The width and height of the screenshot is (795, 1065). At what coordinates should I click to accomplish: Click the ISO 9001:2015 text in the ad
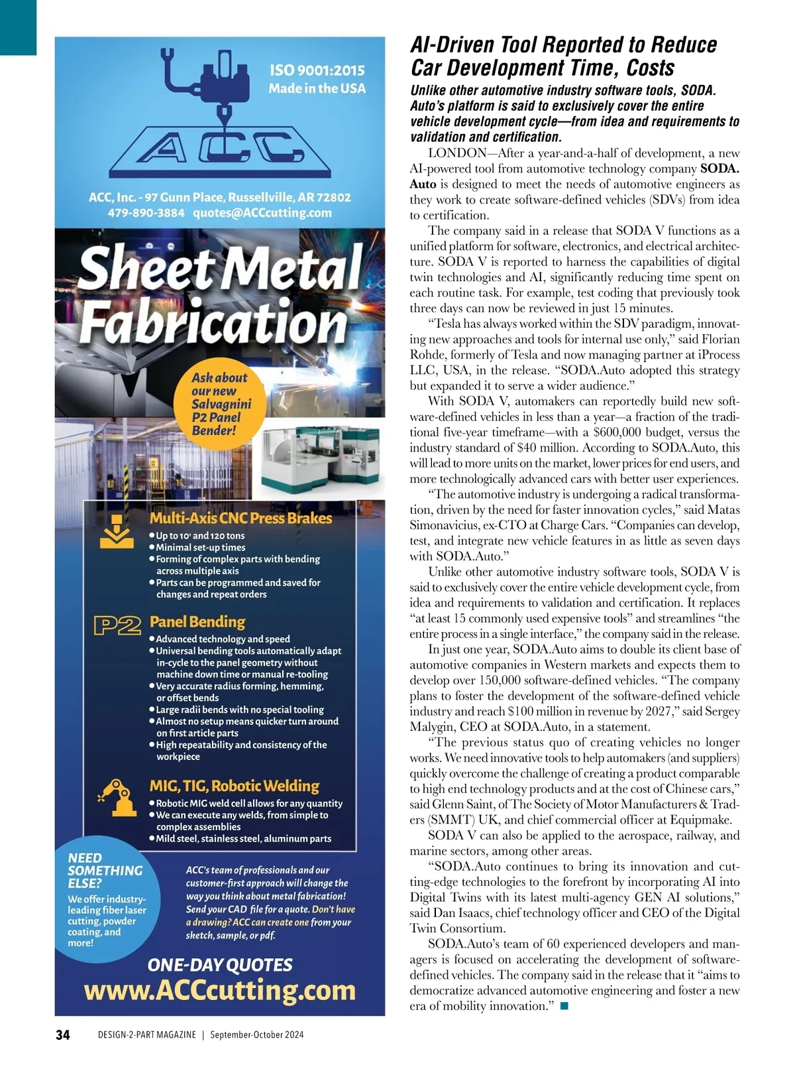(x=317, y=70)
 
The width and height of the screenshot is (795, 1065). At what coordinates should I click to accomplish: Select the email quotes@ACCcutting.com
(x=262, y=213)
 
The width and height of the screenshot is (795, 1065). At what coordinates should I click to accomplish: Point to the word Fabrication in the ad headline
(x=213, y=323)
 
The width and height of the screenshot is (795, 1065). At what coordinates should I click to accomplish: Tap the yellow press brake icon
(x=117, y=531)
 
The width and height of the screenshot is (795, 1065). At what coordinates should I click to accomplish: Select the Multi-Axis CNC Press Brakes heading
(x=240, y=518)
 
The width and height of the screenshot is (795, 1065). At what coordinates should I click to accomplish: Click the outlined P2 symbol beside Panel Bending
(x=118, y=625)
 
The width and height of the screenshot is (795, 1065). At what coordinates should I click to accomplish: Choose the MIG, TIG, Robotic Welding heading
(x=235, y=786)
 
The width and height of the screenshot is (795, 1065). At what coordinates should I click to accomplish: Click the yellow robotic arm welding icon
(x=115, y=795)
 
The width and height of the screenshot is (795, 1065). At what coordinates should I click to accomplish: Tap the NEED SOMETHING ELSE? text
(x=105, y=870)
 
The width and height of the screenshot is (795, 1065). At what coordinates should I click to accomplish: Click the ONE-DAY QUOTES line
(x=220, y=965)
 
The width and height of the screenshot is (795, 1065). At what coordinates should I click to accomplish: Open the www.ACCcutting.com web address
(x=220, y=990)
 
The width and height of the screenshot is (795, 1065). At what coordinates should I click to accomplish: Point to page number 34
(x=62, y=1034)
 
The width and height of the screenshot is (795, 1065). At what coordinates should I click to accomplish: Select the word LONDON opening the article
(x=457, y=153)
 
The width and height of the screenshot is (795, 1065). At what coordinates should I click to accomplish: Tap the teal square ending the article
(x=564, y=1006)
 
